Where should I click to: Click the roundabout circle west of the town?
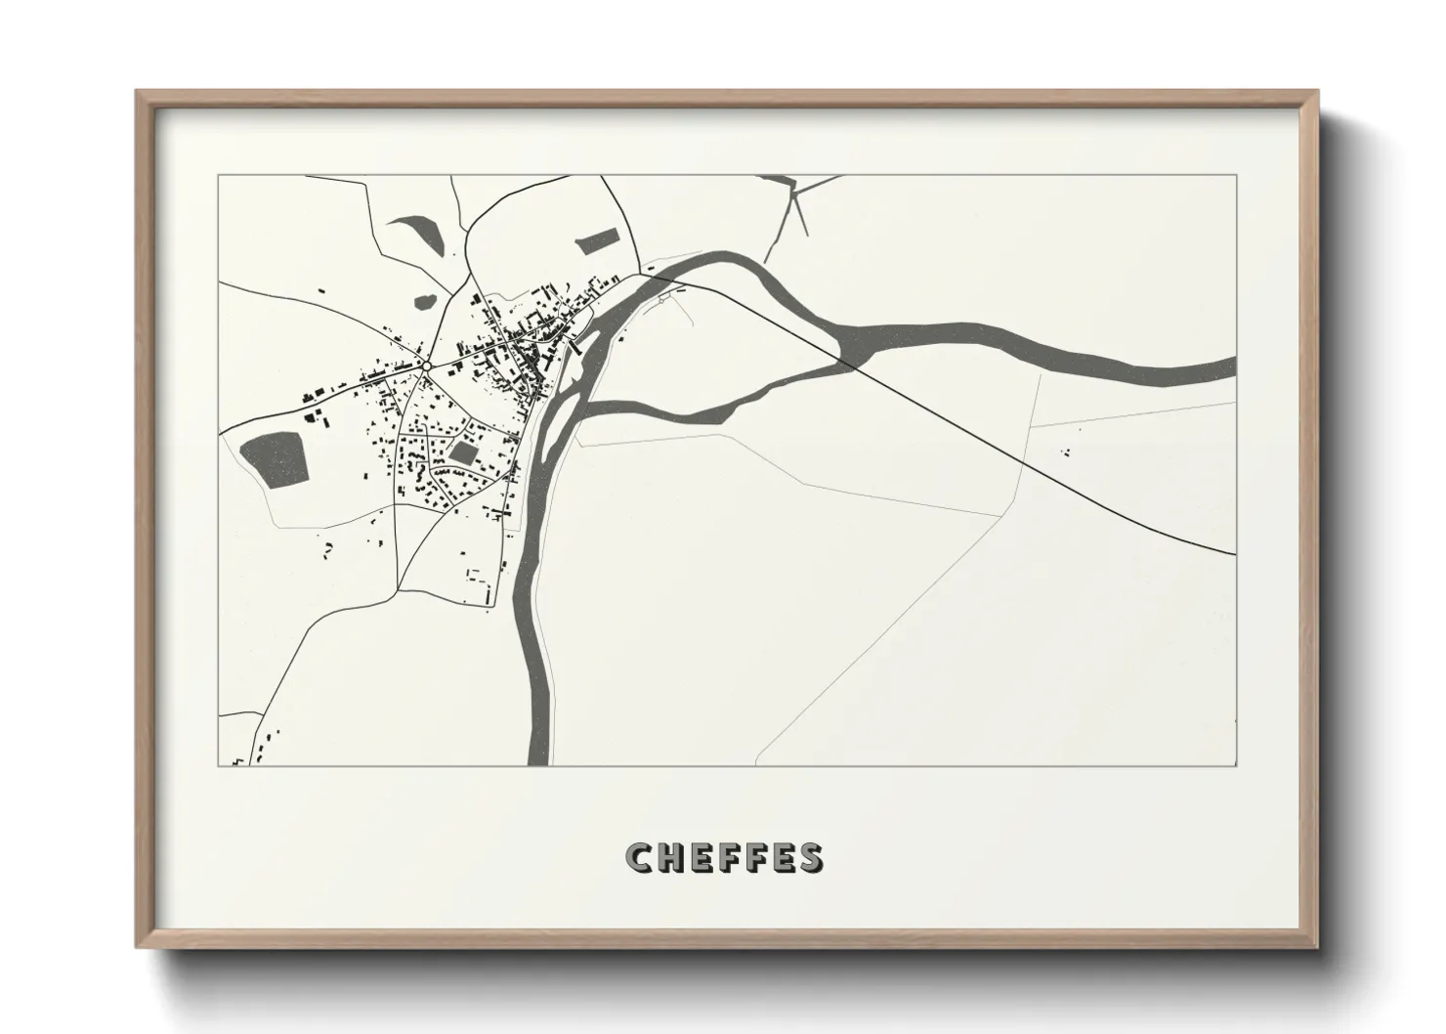pyautogui.click(x=426, y=366)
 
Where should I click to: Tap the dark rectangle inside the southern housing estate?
pyautogui.click(x=461, y=452)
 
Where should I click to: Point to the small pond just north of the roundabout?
pyautogui.click(x=425, y=300)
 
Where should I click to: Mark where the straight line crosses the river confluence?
pyautogui.click(x=852, y=365)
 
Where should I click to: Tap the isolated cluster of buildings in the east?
pyautogui.click(x=1066, y=452)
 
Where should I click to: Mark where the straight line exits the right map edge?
pyautogui.click(x=1234, y=553)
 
